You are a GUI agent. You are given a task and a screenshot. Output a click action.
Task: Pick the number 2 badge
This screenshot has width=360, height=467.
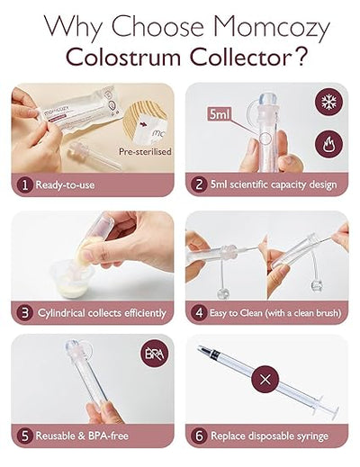pyautogui.click(x=198, y=186)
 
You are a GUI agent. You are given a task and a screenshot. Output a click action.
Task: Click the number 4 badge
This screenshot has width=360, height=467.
pyautogui.click(x=198, y=313)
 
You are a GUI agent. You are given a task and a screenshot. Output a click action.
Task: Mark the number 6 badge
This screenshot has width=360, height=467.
pyautogui.click(x=198, y=436)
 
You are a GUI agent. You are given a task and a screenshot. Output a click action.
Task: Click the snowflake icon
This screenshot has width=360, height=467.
pyautogui.click(x=326, y=102)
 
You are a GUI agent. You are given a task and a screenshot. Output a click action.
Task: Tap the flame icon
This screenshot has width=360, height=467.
pyautogui.click(x=326, y=143)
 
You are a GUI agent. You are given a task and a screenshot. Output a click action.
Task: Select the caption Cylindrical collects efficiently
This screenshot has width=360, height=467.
pyautogui.click(x=101, y=313)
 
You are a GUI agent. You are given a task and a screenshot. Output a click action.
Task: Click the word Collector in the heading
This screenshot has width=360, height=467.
pyautogui.click(x=221, y=57)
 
